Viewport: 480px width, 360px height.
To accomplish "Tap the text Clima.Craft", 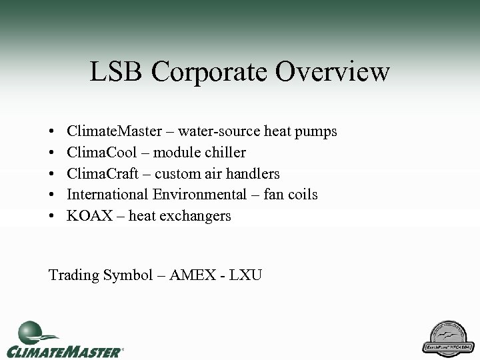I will (99, 174).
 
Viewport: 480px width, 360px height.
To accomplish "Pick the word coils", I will (301, 195).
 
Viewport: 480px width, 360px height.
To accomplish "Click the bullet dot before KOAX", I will (52, 216).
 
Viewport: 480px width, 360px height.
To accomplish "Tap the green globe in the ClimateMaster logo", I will (30, 331).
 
